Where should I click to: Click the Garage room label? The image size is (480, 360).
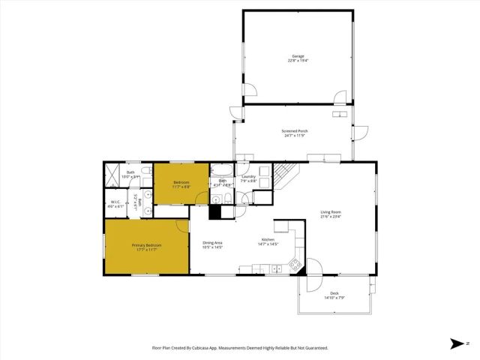pyautogui.click(x=298, y=57)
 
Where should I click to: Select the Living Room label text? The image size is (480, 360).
pyautogui.click(x=331, y=212)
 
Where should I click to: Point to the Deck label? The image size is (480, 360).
pyautogui.click(x=334, y=293)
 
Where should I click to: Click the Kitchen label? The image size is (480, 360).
pyautogui.click(x=268, y=239)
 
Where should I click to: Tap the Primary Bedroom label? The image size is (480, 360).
pyautogui.click(x=147, y=245)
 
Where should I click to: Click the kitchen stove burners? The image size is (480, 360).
pyautogui.click(x=295, y=265)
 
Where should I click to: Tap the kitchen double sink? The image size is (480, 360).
pyautogui.click(x=276, y=268)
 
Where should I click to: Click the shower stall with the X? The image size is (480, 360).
pyautogui.click(x=111, y=177)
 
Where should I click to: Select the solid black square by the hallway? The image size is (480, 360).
pyautogui.click(x=216, y=211)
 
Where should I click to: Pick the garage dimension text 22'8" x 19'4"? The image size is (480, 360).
pyautogui.click(x=298, y=61)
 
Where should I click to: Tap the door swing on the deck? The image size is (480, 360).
pyautogui.click(x=314, y=268)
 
